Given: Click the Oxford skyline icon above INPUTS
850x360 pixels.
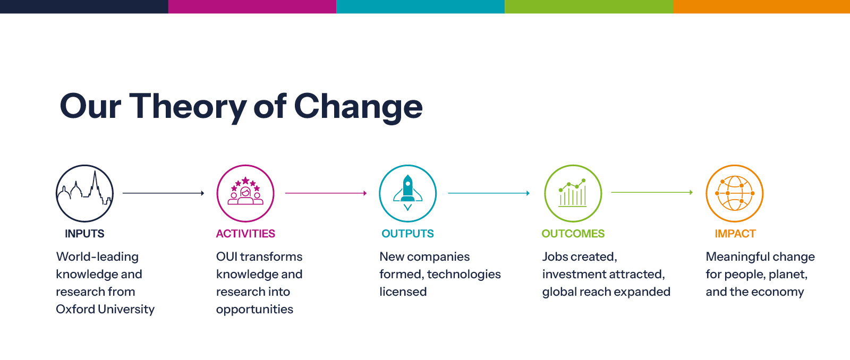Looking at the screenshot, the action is click(x=84, y=193).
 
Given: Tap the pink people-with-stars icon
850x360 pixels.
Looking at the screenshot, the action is click(x=245, y=193).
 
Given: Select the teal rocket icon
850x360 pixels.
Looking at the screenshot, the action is click(x=407, y=193).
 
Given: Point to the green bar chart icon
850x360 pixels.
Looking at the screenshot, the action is click(x=573, y=193).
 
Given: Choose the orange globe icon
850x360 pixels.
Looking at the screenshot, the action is click(x=735, y=193).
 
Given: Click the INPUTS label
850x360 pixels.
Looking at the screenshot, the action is click(x=84, y=234).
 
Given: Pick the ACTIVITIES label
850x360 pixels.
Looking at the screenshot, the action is click(x=245, y=234).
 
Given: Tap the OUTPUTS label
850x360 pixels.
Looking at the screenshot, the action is click(x=407, y=234).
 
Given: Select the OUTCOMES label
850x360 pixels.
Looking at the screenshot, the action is click(x=573, y=234).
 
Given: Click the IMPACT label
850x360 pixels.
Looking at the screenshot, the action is click(x=735, y=234).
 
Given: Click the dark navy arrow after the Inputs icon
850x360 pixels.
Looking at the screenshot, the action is click(x=164, y=193).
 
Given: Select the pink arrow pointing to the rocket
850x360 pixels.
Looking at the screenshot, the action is click(x=326, y=193).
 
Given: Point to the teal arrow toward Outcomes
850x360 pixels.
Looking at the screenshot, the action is click(x=489, y=193).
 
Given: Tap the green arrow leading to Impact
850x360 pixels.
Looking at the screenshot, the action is click(x=652, y=192).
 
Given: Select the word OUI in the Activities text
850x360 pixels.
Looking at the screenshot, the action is click(x=226, y=257).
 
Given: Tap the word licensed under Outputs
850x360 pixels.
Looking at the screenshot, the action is click(x=403, y=292).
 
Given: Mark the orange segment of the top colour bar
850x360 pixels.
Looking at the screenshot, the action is click(x=761, y=6).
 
